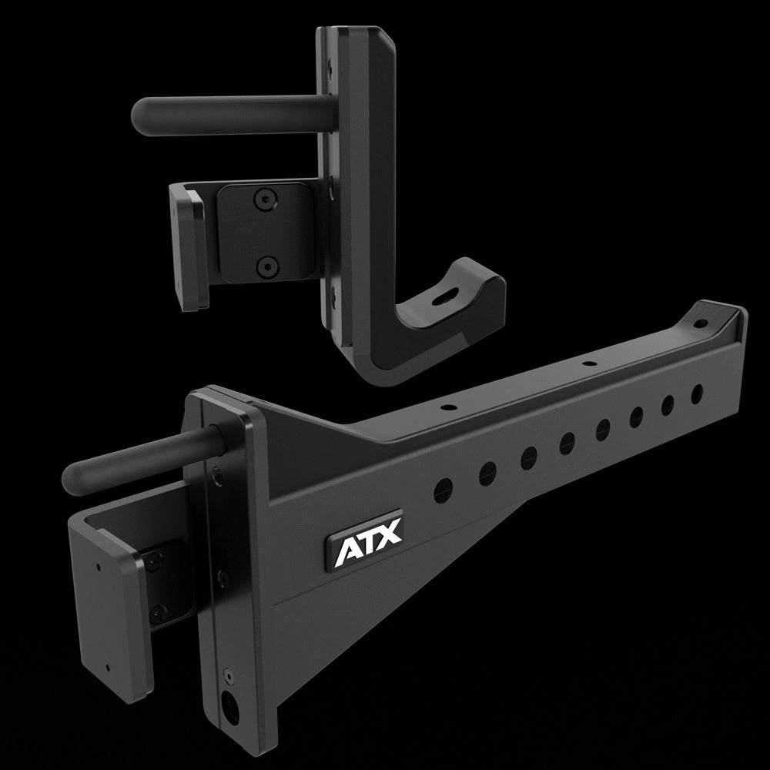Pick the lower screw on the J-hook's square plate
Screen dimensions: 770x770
[x=266, y=267]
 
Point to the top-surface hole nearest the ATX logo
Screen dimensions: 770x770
[x=446, y=404]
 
